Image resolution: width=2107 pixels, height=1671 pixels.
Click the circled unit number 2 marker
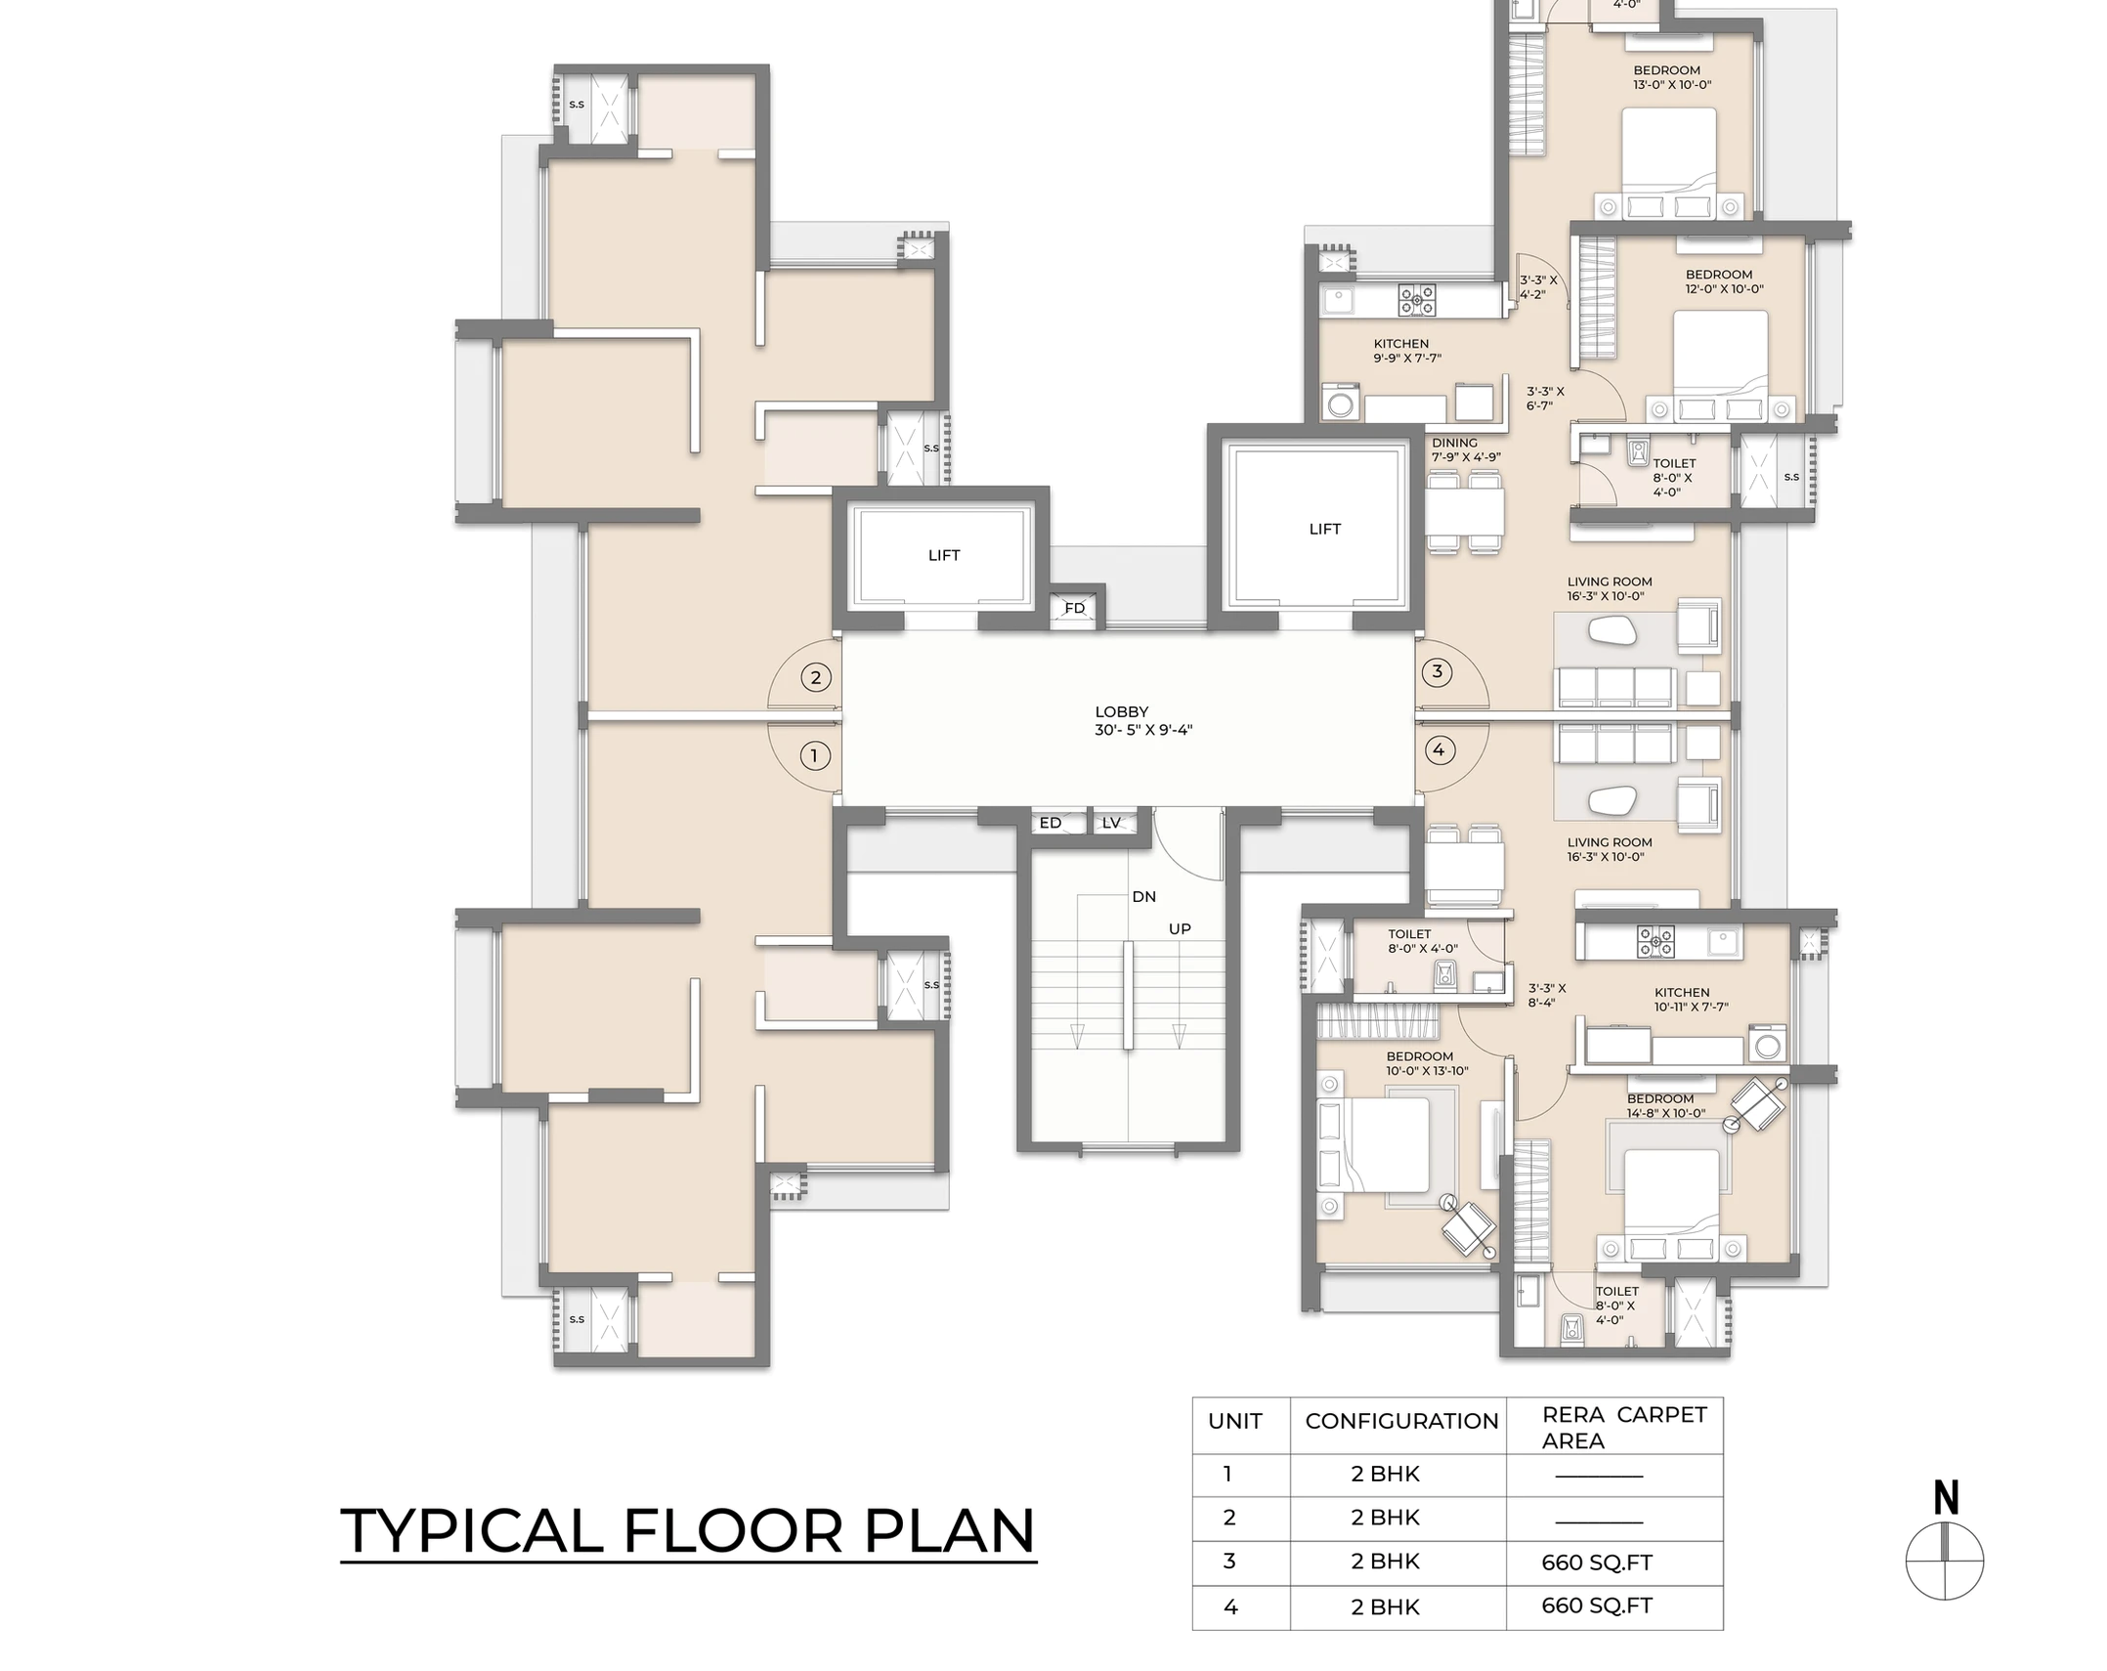coord(816,677)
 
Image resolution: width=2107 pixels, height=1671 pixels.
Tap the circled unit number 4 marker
coord(1438,750)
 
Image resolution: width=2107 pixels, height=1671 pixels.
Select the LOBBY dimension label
coord(1142,721)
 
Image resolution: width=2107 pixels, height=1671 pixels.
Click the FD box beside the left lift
coord(1075,608)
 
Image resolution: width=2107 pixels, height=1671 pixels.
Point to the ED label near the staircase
coord(1051,823)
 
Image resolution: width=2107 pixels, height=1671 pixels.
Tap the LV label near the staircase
coord(1111,823)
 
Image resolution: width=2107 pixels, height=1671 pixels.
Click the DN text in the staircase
coord(1143,896)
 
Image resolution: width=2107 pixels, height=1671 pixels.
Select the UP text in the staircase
coord(1180,928)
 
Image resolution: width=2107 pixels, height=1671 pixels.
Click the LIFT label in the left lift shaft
coord(943,555)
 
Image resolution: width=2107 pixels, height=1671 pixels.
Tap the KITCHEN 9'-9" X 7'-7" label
coord(1406,351)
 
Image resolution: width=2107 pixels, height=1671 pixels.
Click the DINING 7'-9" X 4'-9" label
coord(1465,450)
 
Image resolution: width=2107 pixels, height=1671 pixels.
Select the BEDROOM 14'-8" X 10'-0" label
coord(1665,1105)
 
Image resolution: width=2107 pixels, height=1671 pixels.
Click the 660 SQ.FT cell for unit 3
coord(1597,1563)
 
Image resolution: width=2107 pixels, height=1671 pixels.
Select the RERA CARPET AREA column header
coord(1623,1427)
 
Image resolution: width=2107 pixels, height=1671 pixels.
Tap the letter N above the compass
coord(1946,1497)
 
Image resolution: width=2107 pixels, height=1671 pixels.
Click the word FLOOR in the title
coord(732,1531)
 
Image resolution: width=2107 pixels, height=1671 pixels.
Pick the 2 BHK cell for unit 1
coord(1385,1474)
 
